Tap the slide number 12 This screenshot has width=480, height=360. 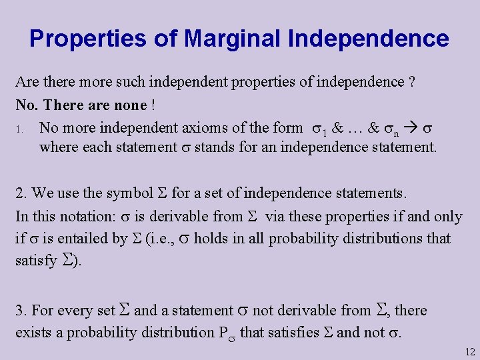pos(469,352)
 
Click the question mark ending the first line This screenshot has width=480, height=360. pos(413,83)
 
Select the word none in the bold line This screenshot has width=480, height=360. pos(129,105)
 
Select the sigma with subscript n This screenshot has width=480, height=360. pos(391,127)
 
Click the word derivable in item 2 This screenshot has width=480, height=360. pos(176,216)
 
